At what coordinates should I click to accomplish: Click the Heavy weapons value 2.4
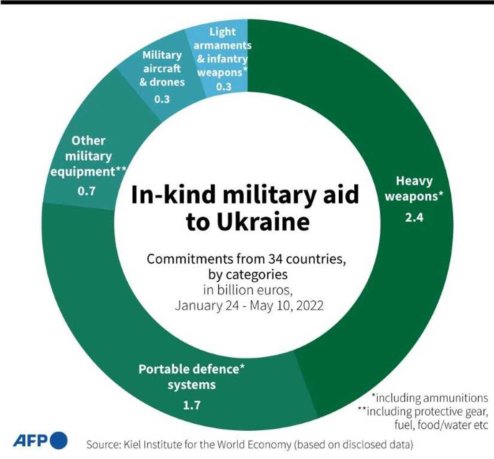click(414, 217)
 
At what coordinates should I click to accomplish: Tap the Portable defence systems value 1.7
click(191, 404)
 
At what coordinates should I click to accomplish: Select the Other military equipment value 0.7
click(86, 192)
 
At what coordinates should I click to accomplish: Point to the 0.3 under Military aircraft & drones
click(162, 99)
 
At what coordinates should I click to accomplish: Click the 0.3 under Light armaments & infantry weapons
click(224, 86)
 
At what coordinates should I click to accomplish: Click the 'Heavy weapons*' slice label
click(414, 188)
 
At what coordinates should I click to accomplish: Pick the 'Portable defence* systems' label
click(191, 377)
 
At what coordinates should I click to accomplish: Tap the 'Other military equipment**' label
click(88, 156)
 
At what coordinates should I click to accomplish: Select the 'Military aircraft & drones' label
click(162, 68)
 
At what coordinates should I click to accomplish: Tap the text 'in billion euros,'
click(248, 290)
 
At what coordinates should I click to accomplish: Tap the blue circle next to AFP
click(59, 440)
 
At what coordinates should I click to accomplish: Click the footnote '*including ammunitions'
click(430, 398)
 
